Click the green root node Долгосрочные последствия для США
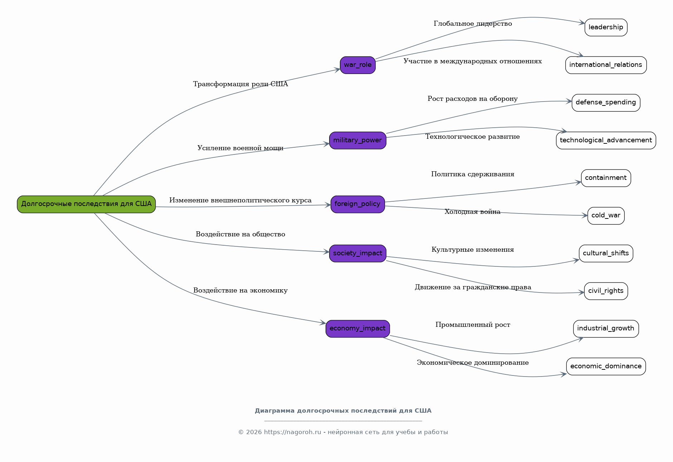pyautogui.click(x=86, y=204)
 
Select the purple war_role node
pyautogui.click(x=358, y=65)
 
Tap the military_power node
pyautogui.click(x=358, y=141)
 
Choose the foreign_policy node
pyautogui.click(x=358, y=204)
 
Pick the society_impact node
pyautogui.click(x=358, y=254)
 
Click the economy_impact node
pyautogui.click(x=358, y=329)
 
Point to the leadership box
pyautogui.click(x=606, y=28)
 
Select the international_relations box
pyautogui.click(x=606, y=65)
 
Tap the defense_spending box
pyautogui.click(x=606, y=103)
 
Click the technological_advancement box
pyautogui.click(x=606, y=141)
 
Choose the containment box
pyautogui.click(x=606, y=178)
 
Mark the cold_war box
pyautogui.click(x=606, y=216)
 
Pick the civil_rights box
pyautogui.click(x=606, y=291)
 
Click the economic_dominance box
pyautogui.click(x=606, y=367)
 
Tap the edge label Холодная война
pyautogui.click(x=473, y=212)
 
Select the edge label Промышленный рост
pyautogui.click(x=473, y=325)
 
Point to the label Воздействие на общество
pyautogui.click(x=240, y=234)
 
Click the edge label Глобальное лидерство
pyautogui.click(x=473, y=24)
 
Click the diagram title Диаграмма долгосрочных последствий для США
pyautogui.click(x=343, y=411)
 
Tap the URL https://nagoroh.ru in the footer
pyautogui.click(x=292, y=432)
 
